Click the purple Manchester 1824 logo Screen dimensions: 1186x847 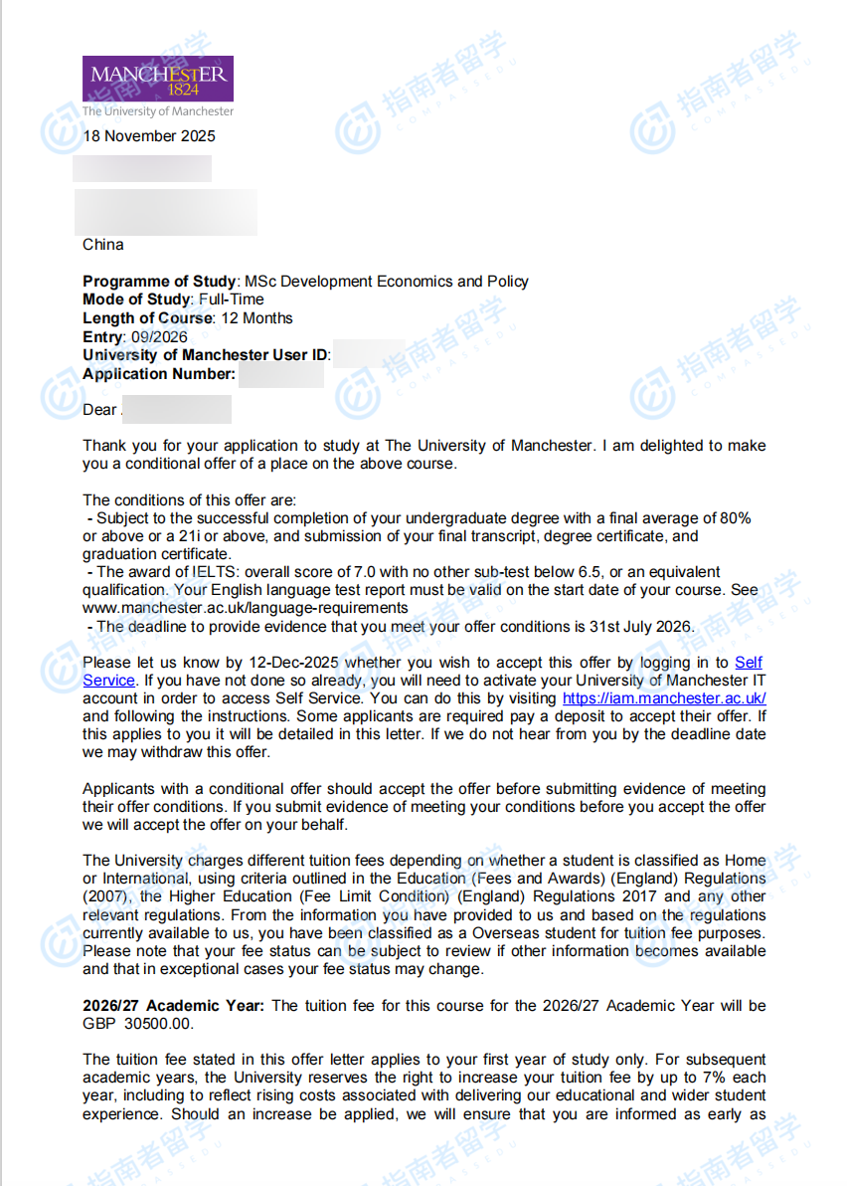pyautogui.click(x=158, y=79)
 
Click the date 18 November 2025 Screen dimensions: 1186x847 pyautogui.click(x=148, y=136)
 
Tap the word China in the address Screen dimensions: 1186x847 pyautogui.click(x=103, y=245)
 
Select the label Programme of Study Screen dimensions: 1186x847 pyautogui.click(x=160, y=282)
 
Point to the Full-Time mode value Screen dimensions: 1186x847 pyautogui.click(x=231, y=299)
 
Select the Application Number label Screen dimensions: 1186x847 pyautogui.click(x=159, y=374)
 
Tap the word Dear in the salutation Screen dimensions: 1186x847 pyautogui.click(x=99, y=410)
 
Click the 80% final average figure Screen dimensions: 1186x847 pyautogui.click(x=736, y=518)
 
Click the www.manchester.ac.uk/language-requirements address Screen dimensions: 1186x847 pyautogui.click(x=246, y=608)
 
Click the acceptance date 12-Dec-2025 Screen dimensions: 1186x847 pyautogui.click(x=297, y=663)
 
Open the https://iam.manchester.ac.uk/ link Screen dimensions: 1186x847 pyautogui.click(x=664, y=698)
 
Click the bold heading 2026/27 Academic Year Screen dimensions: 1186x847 pyautogui.click(x=174, y=1006)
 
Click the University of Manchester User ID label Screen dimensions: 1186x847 pyautogui.click(x=206, y=355)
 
